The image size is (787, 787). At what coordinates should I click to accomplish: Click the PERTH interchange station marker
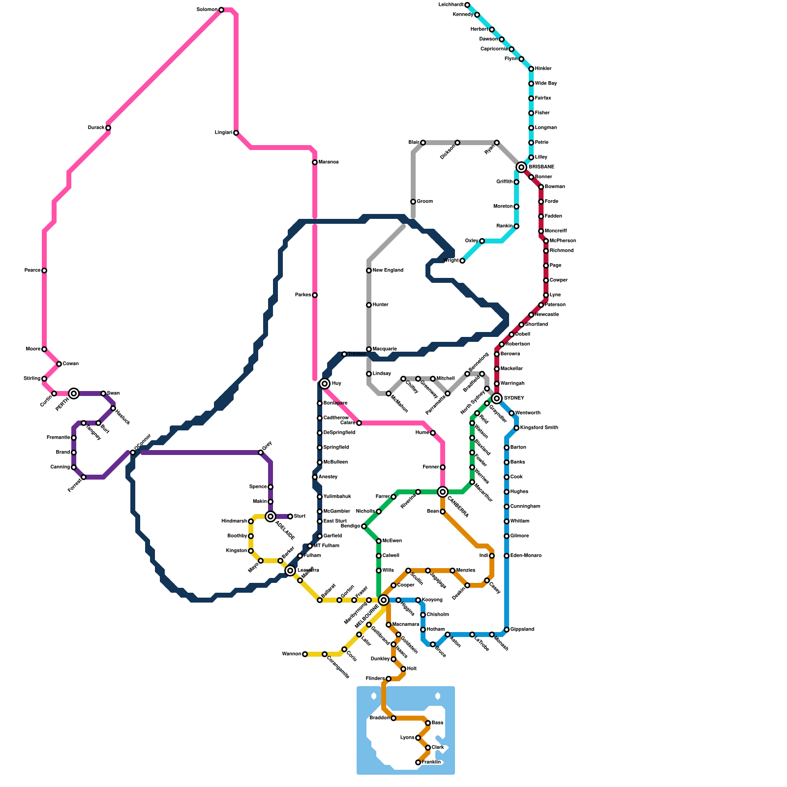click(x=74, y=393)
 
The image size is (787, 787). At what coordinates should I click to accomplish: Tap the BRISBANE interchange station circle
click(x=521, y=167)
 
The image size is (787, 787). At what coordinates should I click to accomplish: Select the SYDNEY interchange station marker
click(x=497, y=398)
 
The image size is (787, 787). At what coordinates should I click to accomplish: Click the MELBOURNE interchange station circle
click(x=384, y=600)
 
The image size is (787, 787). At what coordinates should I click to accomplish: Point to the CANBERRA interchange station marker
click(x=443, y=491)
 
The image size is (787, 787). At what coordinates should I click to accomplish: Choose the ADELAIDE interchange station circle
click(x=271, y=516)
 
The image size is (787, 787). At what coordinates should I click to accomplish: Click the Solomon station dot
click(x=221, y=10)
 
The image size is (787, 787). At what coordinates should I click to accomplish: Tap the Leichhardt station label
click(x=451, y=5)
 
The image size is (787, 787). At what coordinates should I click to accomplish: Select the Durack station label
click(x=96, y=128)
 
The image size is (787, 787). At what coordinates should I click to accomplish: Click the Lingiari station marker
click(x=236, y=133)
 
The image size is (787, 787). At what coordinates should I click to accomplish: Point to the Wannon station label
click(x=291, y=654)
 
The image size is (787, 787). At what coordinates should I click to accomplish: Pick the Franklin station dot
click(x=418, y=762)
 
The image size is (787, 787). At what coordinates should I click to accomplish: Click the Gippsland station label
click(x=522, y=630)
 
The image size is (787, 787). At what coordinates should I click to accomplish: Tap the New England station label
click(x=388, y=271)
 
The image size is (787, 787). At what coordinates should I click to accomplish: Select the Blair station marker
click(x=423, y=143)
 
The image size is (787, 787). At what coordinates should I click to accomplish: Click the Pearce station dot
click(x=44, y=271)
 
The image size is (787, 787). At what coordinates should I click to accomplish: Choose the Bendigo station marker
click(x=364, y=526)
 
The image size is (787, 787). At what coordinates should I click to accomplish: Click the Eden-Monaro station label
click(x=526, y=556)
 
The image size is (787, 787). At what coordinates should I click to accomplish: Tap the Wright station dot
click(x=462, y=261)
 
